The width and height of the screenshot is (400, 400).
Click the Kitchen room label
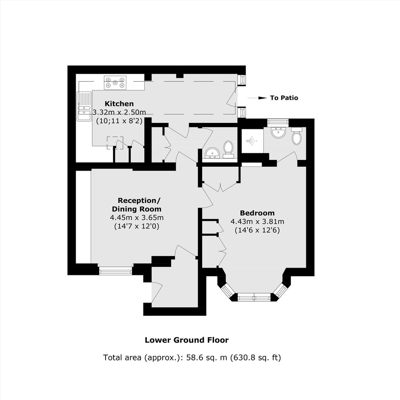[119, 104]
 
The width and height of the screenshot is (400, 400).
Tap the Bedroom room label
[257, 213]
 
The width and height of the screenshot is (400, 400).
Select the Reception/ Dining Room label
[137, 205]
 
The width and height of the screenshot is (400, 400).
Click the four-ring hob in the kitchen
[115, 83]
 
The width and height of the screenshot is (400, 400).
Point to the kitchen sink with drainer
[84, 106]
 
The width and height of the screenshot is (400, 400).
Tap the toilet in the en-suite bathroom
[297, 136]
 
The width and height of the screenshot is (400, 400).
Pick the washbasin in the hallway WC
[212, 153]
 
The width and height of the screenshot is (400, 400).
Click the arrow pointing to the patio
[257, 98]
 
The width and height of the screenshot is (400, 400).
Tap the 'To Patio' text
[284, 98]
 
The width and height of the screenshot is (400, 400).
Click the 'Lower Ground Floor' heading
[187, 340]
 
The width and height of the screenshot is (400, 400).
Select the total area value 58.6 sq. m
[207, 357]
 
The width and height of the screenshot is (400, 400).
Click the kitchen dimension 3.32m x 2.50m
[119, 112]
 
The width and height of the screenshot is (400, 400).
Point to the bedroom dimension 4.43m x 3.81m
[257, 221]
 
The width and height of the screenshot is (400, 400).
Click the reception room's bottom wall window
[115, 271]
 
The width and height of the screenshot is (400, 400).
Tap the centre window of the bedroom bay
[254, 297]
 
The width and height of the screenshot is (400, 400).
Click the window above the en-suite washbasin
[278, 122]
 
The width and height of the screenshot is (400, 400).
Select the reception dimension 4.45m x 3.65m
[137, 217]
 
